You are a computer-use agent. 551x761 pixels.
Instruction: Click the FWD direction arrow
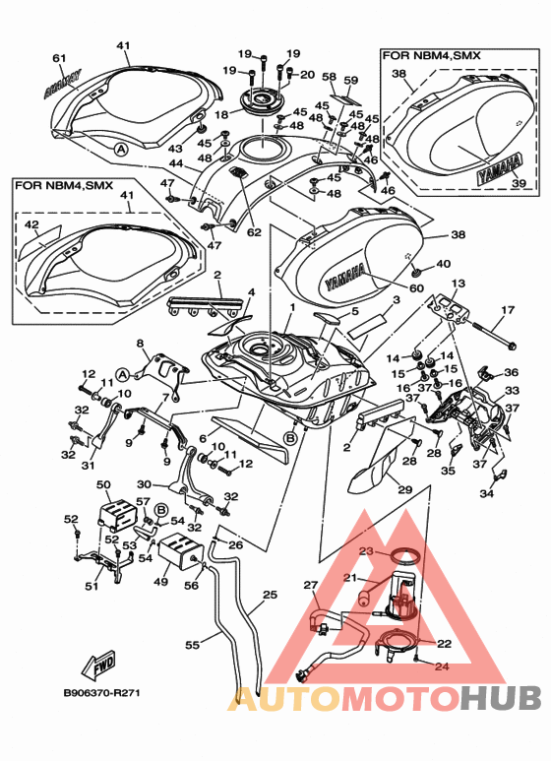coord(99,664)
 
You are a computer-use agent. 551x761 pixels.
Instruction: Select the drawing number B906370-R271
coord(102,693)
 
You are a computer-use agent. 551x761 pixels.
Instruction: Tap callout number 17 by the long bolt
coord(508,310)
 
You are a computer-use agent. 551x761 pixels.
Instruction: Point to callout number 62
coord(254,232)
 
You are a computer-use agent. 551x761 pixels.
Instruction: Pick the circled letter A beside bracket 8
coord(123,375)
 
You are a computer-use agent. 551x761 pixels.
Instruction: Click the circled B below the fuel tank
coord(290,438)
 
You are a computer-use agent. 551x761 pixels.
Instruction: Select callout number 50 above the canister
coord(103,484)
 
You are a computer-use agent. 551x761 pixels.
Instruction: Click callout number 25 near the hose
coord(271,594)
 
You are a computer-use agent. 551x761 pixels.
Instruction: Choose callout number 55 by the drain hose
coord(193,645)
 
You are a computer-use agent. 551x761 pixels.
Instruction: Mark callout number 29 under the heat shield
coord(405,489)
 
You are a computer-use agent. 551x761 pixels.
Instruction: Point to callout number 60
coord(416,288)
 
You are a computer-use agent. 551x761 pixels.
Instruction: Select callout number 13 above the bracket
coord(458,283)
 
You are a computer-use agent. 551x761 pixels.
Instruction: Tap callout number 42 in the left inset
coord(31,224)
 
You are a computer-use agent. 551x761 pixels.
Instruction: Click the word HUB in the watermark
coord(500,698)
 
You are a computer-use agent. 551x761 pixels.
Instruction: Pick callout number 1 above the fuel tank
coord(292,308)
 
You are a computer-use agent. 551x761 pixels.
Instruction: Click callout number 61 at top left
coord(59,58)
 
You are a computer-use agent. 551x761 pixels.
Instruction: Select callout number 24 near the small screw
coord(442,666)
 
